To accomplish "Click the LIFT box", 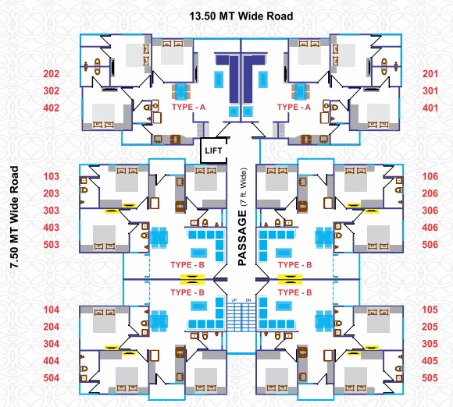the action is click(214, 150).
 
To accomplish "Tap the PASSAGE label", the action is click(242, 239).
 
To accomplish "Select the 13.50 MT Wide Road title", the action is click(241, 16).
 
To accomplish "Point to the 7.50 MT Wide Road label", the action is click(14, 217).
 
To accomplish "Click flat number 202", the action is click(51, 74).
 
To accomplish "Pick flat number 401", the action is click(430, 108).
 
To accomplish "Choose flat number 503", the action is click(51, 245).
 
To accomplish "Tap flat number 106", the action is click(430, 176).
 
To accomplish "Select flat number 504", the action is click(51, 378).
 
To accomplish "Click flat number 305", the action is click(430, 344).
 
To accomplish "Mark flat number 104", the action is click(51, 310).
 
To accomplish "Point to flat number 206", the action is click(430, 193).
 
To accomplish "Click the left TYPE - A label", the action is click(188, 108).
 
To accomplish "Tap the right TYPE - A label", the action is click(294, 108).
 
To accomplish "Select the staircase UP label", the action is click(234, 300).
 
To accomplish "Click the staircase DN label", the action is click(248, 300).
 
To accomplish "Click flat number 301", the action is click(430, 91).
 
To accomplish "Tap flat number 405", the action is click(430, 361).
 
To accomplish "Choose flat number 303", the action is click(51, 211).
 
